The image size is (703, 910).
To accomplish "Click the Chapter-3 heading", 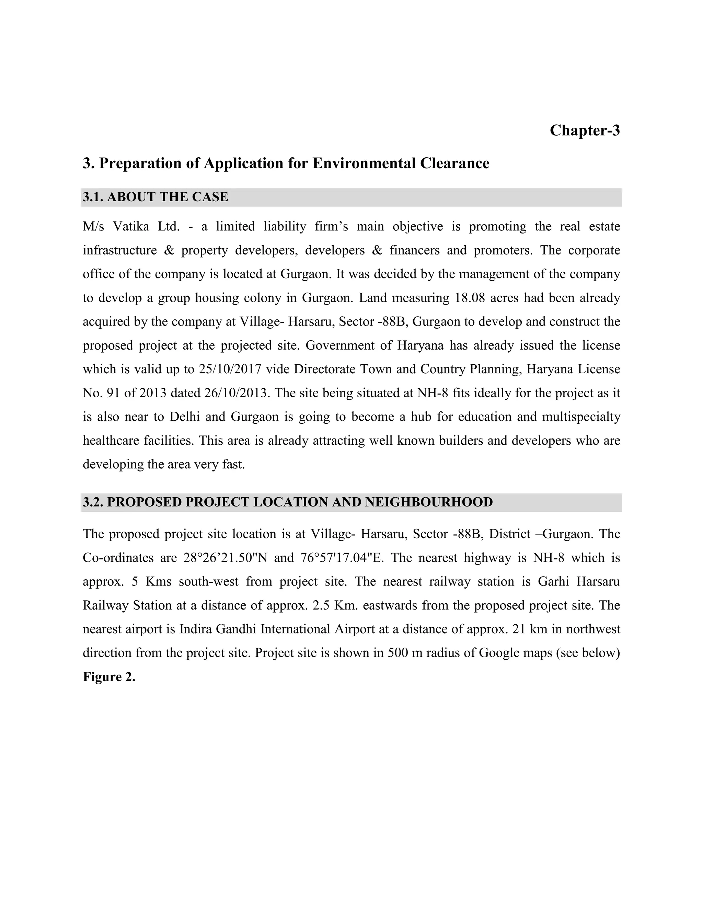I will tap(584, 130).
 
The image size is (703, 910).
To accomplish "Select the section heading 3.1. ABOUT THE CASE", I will tap(155, 197).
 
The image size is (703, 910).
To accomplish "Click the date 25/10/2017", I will tap(230, 369).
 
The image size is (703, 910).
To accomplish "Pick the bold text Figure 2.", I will tap(109, 677).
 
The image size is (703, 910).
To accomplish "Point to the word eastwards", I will tap(388, 605).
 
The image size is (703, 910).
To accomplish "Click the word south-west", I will tap(209, 581).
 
